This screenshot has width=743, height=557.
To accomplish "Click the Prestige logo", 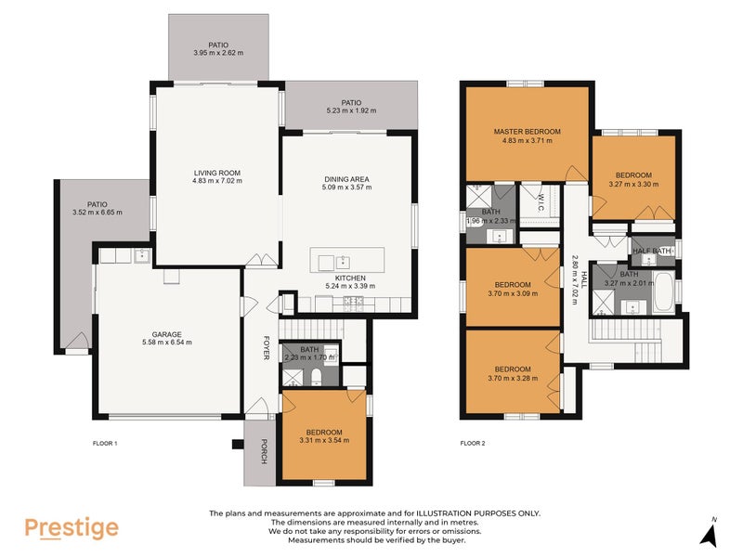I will [x=72, y=528].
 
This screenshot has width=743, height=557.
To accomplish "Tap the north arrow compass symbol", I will [x=710, y=533].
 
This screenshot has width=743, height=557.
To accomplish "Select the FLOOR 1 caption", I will [x=106, y=444].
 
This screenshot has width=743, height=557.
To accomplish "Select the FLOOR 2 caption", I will [x=474, y=444].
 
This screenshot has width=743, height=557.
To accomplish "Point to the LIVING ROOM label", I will [x=217, y=173].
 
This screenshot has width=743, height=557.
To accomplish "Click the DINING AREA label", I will [x=347, y=178].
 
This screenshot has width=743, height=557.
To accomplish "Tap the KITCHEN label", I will [x=350, y=278].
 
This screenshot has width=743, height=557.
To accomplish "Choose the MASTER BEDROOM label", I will [x=527, y=132].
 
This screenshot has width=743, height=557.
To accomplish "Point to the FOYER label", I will [x=265, y=348].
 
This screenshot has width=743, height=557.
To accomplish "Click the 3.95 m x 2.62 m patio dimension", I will [x=218, y=54].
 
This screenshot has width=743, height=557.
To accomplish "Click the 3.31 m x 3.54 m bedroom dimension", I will [x=325, y=442].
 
